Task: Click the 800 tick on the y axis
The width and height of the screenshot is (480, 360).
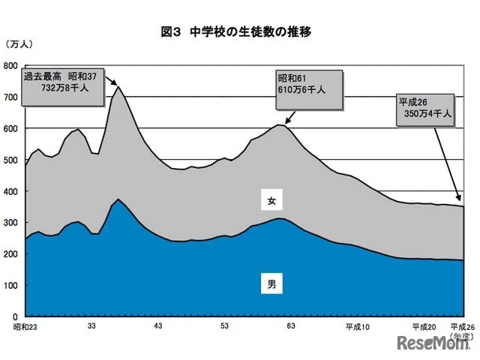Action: coord(10,66)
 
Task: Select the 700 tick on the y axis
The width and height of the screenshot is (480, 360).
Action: coord(10,97)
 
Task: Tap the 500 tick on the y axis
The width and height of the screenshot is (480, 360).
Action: coord(10,160)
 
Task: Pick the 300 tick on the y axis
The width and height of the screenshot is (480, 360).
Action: coord(10,223)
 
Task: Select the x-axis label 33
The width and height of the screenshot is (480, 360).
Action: coord(91,327)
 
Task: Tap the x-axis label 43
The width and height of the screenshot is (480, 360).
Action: coord(158,327)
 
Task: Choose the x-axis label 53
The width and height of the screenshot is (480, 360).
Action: coord(224,327)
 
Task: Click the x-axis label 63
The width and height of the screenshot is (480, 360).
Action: coord(291,327)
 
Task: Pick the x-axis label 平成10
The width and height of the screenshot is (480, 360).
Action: coord(358,327)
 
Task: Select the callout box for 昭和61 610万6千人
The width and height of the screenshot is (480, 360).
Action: coord(307,85)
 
